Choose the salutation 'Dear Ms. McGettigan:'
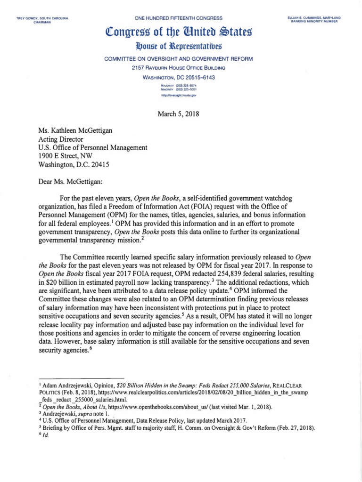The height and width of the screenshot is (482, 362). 73,183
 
